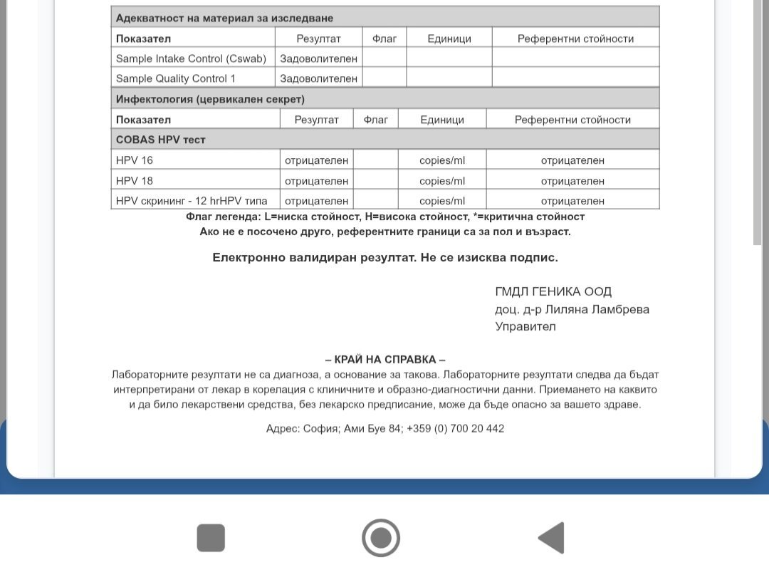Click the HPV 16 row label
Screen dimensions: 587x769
pyautogui.click(x=135, y=160)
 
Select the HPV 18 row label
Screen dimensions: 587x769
pyautogui.click(x=135, y=181)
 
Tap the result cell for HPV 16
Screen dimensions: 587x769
pyautogui.click(x=316, y=160)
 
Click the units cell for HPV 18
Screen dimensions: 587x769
pyautogui.click(x=441, y=181)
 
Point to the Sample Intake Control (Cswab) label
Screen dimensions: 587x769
pyautogui.click(x=190, y=58)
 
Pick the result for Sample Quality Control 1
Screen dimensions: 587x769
pyautogui.click(x=318, y=78)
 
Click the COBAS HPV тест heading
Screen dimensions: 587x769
pyautogui.click(x=161, y=140)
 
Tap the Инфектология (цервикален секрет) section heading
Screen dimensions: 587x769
pyautogui.click(x=210, y=99)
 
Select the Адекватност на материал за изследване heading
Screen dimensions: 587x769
pyautogui.click(x=224, y=18)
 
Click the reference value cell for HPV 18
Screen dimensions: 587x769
pyautogui.click(x=572, y=181)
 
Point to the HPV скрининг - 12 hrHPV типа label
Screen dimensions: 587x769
pyautogui.click(x=192, y=201)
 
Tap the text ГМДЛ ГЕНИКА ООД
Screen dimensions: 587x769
pyautogui.click(x=553, y=291)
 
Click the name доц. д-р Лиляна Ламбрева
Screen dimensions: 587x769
pyautogui.click(x=572, y=309)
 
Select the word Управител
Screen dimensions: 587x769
pyautogui.click(x=525, y=327)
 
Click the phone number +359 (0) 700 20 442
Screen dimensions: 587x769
pyautogui.click(x=455, y=428)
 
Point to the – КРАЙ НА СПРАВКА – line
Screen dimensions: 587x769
pyautogui.click(x=385, y=360)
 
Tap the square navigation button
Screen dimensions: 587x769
pyautogui.click(x=211, y=538)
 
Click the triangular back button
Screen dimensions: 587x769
pyautogui.click(x=551, y=538)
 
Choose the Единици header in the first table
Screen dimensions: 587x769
pyautogui.click(x=449, y=38)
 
